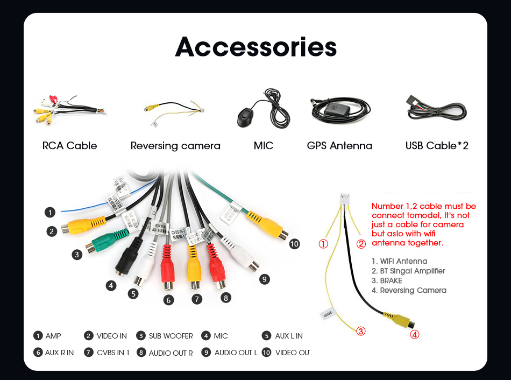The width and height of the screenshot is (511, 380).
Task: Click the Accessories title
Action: (256, 47)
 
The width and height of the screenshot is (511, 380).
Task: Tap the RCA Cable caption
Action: (69, 146)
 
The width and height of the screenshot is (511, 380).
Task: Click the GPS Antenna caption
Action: (339, 146)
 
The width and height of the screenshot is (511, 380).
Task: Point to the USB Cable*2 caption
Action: (437, 146)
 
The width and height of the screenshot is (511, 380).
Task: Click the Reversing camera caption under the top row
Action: (175, 146)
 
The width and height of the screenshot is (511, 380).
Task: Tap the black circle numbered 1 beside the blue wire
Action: (50, 212)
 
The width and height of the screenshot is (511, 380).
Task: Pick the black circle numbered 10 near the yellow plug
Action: (294, 244)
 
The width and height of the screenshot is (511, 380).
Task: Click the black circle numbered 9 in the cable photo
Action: (264, 279)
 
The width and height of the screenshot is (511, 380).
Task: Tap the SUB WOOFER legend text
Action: (171, 336)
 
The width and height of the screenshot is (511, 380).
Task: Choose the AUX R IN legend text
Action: (59, 353)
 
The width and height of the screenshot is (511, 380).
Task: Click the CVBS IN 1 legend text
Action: (113, 353)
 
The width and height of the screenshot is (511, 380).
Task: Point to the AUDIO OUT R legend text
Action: (171, 353)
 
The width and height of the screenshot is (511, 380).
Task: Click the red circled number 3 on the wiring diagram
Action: (361, 331)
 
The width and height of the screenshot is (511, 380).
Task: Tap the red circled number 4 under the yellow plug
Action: (414, 334)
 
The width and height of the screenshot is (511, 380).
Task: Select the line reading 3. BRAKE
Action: (387, 280)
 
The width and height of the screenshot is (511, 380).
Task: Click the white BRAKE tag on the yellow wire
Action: (328, 313)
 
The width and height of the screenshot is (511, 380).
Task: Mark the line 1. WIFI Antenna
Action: (399, 261)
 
